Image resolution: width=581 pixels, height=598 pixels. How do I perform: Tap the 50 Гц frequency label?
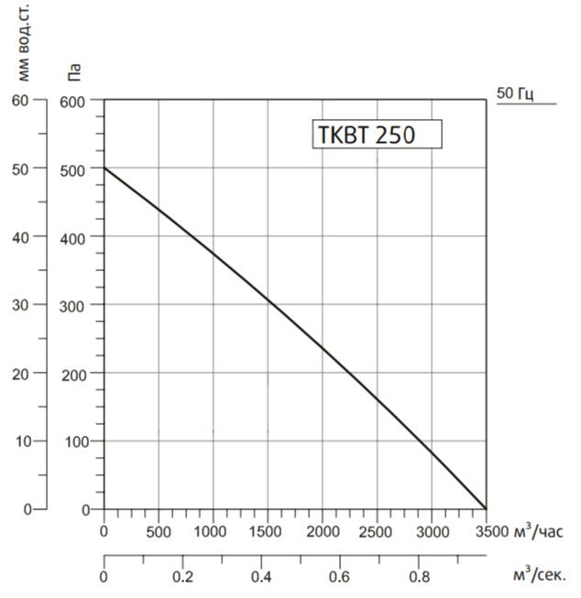click(516, 93)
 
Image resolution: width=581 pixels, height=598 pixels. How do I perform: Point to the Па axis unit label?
click(76, 71)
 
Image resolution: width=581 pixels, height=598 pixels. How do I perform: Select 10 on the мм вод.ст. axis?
click(20, 440)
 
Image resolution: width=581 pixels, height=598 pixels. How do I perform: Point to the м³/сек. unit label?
click(539, 576)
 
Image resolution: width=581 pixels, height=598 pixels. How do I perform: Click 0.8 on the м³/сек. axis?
click(419, 577)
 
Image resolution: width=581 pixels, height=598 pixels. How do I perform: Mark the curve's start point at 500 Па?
click(104, 169)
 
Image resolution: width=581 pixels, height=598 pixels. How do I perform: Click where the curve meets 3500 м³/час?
click(486, 509)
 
